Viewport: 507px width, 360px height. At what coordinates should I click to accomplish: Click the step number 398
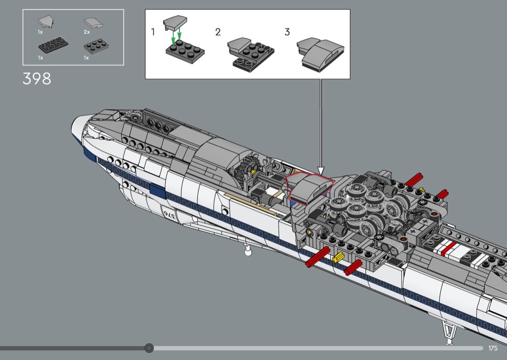click(x=37, y=79)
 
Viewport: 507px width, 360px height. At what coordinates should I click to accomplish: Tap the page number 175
click(x=493, y=348)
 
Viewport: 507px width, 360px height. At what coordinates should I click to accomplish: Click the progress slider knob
click(x=149, y=348)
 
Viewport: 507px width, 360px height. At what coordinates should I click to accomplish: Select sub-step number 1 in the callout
click(x=153, y=32)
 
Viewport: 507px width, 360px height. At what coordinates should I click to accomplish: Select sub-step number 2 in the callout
click(x=218, y=32)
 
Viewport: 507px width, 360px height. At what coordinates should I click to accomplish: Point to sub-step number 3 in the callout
click(x=287, y=32)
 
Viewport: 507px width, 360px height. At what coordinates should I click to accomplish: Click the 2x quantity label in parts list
click(x=86, y=32)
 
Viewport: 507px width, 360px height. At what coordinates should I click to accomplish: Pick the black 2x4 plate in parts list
click(x=53, y=44)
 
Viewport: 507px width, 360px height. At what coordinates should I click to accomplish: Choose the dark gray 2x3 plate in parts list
click(x=97, y=46)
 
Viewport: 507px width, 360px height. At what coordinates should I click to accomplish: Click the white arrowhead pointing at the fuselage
click(x=321, y=170)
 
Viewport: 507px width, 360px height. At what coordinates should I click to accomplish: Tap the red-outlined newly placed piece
click(x=310, y=188)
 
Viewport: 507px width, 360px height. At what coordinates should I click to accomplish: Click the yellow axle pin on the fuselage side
click(x=338, y=257)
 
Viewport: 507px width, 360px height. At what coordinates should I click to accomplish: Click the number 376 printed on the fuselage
click(x=169, y=215)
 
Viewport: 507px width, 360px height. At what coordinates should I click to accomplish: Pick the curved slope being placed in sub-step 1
click(x=175, y=23)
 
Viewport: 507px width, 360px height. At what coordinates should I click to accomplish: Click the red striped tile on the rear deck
click(x=448, y=249)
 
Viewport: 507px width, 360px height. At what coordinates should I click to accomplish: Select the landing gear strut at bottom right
click(x=450, y=330)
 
